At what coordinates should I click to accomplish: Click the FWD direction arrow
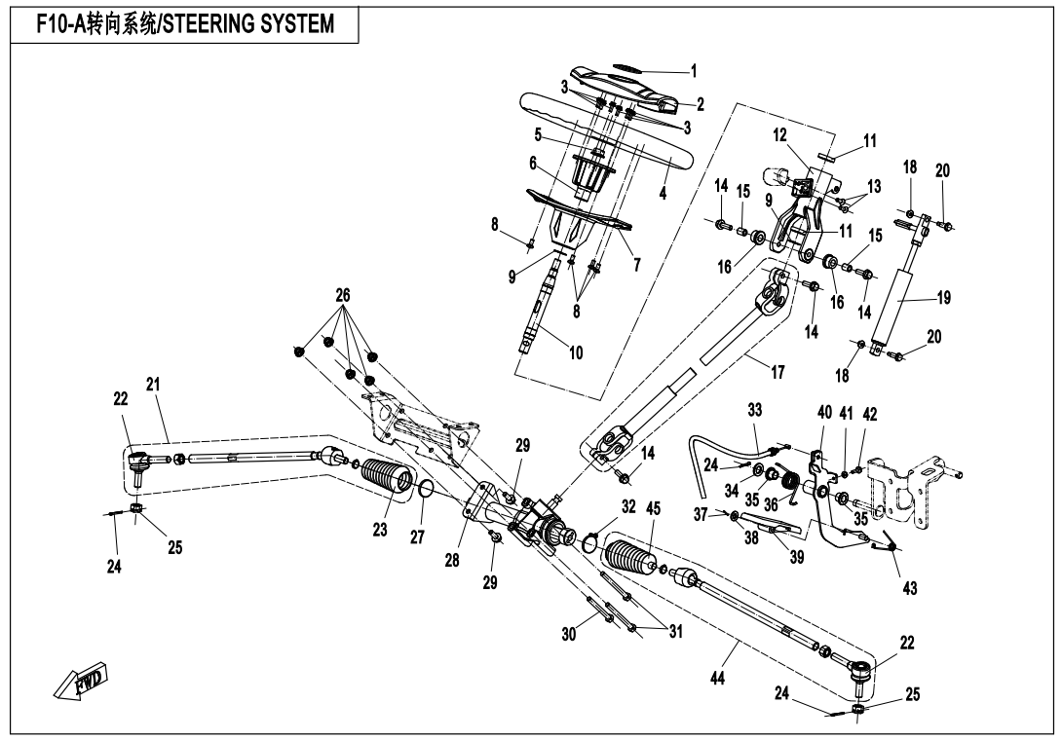click(81, 679)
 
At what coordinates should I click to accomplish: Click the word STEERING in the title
click(209, 24)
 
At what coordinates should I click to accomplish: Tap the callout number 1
click(693, 71)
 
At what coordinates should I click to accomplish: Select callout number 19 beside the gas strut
click(943, 298)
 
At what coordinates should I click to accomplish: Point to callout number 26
click(343, 295)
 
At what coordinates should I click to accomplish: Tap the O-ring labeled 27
click(425, 489)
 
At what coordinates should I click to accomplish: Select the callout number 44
click(717, 677)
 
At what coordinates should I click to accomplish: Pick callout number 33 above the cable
click(754, 410)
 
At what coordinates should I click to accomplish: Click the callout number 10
click(576, 352)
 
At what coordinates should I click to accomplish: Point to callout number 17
click(778, 372)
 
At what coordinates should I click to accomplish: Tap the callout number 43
click(910, 588)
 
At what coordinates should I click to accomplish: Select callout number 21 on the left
click(153, 385)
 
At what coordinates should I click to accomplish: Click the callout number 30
click(570, 634)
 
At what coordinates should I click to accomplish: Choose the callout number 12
click(779, 134)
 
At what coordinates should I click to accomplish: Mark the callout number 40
click(824, 412)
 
